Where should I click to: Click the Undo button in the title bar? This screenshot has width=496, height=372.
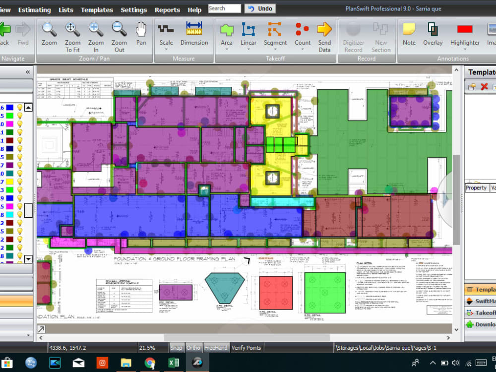260,8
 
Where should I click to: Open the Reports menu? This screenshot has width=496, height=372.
167,10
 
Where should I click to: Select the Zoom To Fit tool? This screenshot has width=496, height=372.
72,35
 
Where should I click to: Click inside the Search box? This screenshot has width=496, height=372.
224,8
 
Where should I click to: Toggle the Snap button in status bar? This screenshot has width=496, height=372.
176,348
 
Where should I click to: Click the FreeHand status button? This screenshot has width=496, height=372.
216,348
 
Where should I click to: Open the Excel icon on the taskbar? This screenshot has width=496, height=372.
173,363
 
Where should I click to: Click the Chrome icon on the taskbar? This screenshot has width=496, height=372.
150,363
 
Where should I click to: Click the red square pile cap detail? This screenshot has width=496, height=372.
276,293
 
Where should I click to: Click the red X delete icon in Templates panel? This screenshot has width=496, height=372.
484,87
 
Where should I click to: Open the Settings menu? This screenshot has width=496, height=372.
134,10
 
